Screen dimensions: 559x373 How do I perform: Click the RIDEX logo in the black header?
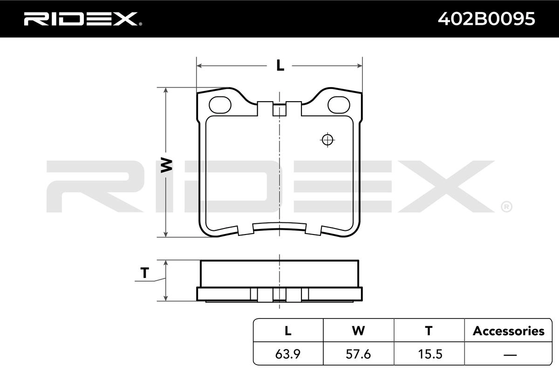82,19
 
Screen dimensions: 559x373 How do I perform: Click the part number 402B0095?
486,19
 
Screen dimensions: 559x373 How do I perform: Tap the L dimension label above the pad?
280,65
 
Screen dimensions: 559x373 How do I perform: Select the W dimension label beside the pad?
166,165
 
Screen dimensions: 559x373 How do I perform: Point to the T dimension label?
145,273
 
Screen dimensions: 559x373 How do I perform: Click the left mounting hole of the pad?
220,105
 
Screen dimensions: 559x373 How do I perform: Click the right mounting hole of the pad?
339,105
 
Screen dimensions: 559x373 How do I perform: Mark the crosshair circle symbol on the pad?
327,140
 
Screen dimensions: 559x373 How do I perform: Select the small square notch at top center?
279,110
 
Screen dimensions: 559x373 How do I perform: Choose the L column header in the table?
288,331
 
